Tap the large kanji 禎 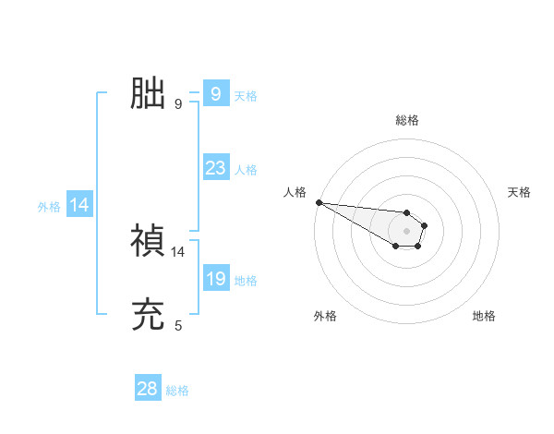148,241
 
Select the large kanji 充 148,315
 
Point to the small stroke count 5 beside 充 178,325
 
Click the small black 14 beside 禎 178,251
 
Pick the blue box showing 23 216,168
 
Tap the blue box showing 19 216,279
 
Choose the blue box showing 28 148,389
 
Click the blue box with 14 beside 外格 80,206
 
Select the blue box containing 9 216,94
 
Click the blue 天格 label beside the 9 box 246,96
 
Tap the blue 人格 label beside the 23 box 246,170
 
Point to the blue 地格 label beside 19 246,281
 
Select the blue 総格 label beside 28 177,391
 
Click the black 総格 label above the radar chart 407,120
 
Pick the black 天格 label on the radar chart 519,192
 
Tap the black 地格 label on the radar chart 484,316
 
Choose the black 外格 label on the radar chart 325,316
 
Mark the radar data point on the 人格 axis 319,202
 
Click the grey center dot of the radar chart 406,231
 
